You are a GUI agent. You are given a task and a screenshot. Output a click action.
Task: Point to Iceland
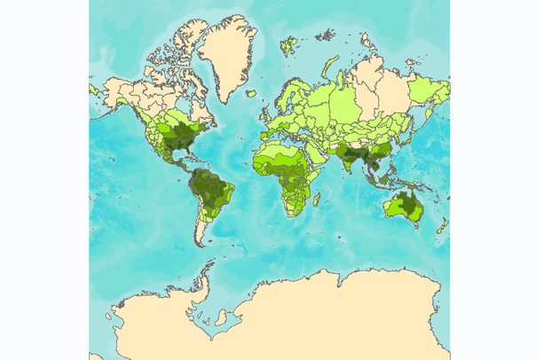tap(251, 93)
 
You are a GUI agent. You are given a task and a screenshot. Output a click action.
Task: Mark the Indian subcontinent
tap(356, 160)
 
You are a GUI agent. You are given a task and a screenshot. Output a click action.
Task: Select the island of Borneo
tap(387, 178)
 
